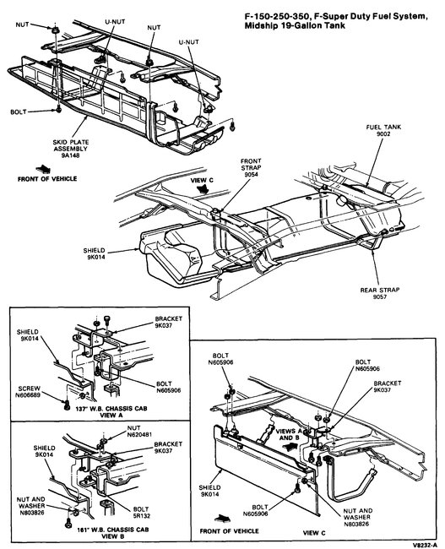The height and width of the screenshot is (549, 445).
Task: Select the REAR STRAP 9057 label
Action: click(384, 295)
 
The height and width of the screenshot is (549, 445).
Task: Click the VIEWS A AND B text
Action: click(283, 432)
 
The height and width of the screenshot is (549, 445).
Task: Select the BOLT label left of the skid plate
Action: click(19, 111)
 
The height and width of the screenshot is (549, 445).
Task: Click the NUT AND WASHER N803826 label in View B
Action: click(27, 503)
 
